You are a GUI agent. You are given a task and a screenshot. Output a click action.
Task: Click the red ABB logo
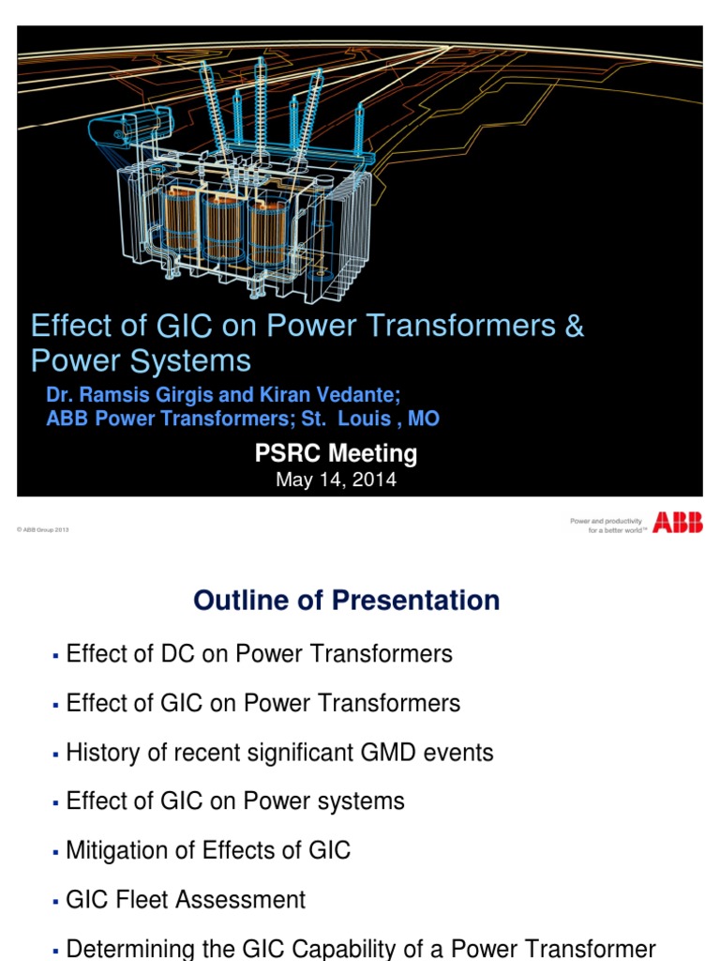coord(677,523)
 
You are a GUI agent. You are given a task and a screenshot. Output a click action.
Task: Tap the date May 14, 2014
coord(336,480)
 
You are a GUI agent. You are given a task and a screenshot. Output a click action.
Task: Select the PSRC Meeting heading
coord(336,454)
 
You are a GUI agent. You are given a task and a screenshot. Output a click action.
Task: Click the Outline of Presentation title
coord(347,601)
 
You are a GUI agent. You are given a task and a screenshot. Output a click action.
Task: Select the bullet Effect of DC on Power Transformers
coord(260,654)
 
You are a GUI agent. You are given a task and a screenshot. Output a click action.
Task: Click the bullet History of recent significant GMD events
coord(279,752)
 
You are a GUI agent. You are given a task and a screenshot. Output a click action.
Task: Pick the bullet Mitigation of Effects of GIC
coord(208,850)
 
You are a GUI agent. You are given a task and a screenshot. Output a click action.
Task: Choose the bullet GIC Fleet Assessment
coord(186,900)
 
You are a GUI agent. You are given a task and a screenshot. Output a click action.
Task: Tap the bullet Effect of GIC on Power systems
coord(235,801)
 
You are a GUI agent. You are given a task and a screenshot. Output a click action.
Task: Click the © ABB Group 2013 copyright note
coord(43,530)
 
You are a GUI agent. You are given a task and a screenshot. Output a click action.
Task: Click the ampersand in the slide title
coord(574,327)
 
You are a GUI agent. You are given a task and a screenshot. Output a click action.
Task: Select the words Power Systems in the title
coord(141,361)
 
